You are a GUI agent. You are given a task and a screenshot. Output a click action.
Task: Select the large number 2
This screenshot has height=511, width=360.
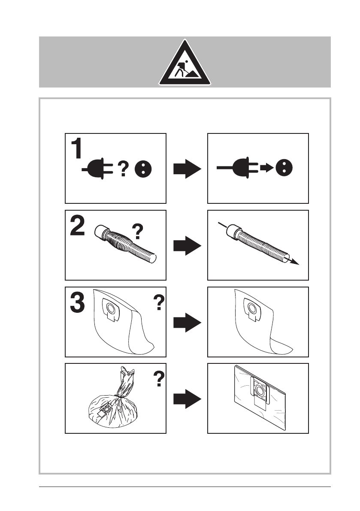click(x=78, y=226)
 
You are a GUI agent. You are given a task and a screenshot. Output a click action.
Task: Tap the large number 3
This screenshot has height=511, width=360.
click(x=78, y=302)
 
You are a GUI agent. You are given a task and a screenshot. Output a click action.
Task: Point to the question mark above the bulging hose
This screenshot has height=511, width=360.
click(x=137, y=232)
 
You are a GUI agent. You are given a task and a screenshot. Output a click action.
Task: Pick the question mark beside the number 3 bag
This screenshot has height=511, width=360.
click(x=158, y=303)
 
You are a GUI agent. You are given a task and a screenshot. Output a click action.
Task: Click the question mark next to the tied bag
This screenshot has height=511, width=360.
click(x=158, y=379)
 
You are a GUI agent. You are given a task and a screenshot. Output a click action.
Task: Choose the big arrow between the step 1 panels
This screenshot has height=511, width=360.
click(x=187, y=169)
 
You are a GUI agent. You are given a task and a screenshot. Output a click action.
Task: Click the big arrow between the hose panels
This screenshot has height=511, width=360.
click(x=187, y=246)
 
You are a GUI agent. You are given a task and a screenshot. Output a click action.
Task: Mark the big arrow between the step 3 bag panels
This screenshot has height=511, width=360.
click(x=187, y=323)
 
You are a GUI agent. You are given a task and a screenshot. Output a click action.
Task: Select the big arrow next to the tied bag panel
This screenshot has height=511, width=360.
click(x=187, y=399)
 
